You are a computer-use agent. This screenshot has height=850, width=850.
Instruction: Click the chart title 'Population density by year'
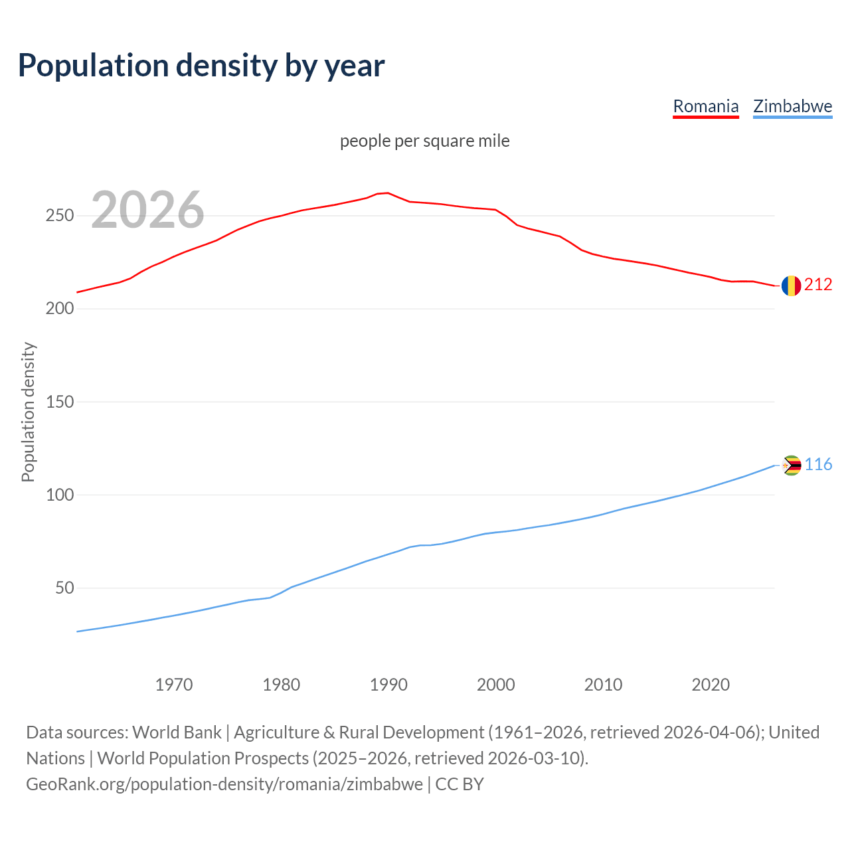[201, 66]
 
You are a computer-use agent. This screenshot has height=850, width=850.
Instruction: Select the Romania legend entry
[705, 106]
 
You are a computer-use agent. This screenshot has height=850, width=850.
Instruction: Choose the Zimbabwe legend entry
[792, 106]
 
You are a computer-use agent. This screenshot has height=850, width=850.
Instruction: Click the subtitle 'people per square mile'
[425, 141]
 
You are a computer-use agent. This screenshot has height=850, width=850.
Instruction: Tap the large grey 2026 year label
[147, 210]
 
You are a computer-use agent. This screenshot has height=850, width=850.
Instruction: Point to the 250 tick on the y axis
[60, 216]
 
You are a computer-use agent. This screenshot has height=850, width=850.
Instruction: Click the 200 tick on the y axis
[60, 309]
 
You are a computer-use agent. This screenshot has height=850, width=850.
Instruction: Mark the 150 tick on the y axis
[60, 402]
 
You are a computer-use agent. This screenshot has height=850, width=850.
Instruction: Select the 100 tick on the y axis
[60, 495]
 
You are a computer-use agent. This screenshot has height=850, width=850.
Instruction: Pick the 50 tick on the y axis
[64, 588]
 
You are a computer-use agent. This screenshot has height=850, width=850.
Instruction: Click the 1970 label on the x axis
[174, 685]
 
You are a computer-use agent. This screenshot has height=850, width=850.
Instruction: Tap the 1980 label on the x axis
[282, 685]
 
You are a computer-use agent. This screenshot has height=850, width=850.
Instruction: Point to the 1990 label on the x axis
[388, 685]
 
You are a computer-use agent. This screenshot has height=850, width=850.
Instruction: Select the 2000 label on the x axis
[496, 685]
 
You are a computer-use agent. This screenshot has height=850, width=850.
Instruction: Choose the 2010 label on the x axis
[603, 685]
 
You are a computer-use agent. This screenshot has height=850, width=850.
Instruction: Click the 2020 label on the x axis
[711, 685]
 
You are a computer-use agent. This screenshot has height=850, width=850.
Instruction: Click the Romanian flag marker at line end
[791, 286]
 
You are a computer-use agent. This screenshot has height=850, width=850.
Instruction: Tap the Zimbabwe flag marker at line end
[792, 466]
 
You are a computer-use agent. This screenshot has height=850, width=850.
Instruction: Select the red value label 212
[818, 284]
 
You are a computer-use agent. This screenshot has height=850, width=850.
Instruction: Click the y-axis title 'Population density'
[28, 412]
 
